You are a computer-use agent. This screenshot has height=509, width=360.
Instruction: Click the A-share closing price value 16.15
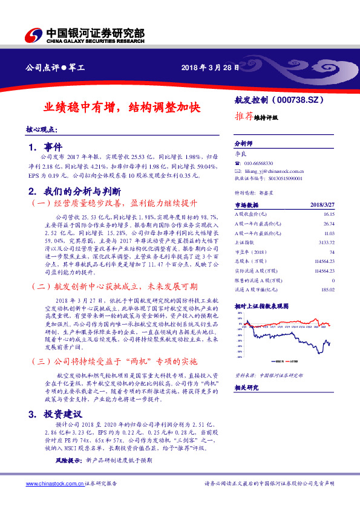click(x=329, y=214)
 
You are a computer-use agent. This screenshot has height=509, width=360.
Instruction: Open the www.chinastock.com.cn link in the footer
click(x=53, y=484)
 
